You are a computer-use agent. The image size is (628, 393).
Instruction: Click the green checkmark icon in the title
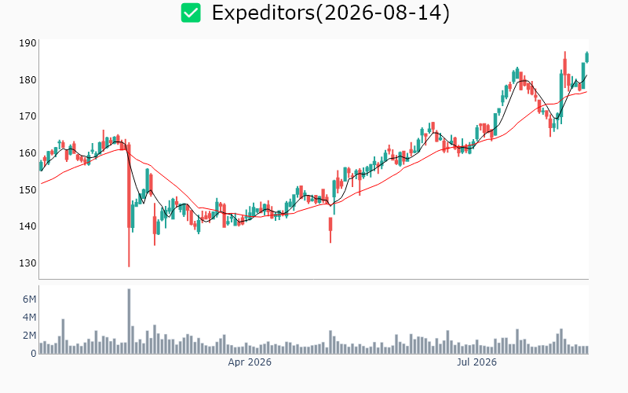coord(191,13)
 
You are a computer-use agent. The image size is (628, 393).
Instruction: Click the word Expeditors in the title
coord(264,13)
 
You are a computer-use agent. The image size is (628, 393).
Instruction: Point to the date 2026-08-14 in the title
coord(382,13)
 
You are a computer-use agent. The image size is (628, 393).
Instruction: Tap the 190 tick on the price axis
coord(27,43)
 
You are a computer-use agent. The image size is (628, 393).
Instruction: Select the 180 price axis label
coord(27,80)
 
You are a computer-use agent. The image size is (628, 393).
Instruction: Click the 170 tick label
coord(27,116)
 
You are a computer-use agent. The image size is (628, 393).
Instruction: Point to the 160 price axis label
coord(27,153)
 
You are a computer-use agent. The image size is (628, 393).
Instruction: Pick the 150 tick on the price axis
coord(27,189)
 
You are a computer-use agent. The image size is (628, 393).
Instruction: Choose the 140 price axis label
coord(27,226)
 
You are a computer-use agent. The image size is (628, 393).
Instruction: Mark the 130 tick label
coord(27,263)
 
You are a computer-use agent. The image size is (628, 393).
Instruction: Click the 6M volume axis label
coord(29,299)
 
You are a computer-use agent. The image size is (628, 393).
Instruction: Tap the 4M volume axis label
coord(29,318)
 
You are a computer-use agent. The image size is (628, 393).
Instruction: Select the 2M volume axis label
coord(29,336)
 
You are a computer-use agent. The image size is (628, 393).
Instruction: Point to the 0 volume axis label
coord(34,353)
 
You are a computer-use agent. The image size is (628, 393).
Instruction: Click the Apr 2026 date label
coord(250,362)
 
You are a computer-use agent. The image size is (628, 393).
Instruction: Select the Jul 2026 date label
coord(476,362)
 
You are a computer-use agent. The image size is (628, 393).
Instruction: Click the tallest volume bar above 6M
coord(129,321)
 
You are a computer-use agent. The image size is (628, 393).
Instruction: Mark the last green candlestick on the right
coord(587,57)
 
